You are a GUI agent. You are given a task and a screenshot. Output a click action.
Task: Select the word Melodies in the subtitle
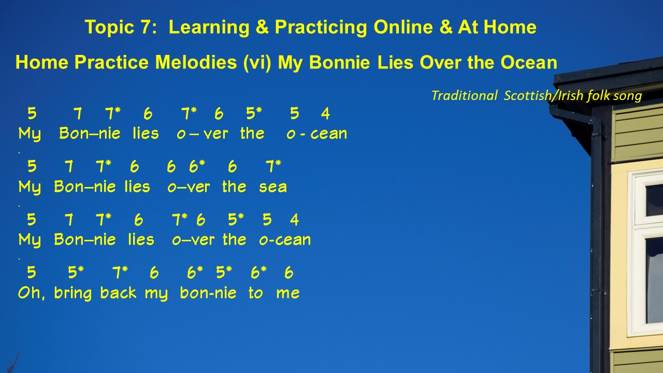[x=196, y=63]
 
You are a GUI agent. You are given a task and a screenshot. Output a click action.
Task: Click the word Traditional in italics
[x=465, y=96]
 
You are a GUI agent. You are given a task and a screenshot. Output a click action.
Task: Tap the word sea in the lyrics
[x=273, y=187]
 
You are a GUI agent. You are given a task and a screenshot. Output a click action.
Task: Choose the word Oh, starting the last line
[x=32, y=293]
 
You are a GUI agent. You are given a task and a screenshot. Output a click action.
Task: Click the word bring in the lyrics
[x=73, y=294]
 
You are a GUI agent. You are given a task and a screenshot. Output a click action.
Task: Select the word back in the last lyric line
[x=118, y=293]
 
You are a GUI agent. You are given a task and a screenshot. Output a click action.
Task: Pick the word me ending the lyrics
[x=287, y=293]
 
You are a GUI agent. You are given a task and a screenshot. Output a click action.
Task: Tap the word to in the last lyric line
[x=255, y=293]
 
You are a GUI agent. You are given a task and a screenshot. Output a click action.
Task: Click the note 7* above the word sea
[x=273, y=166]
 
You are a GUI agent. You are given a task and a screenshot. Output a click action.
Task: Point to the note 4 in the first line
[x=325, y=113]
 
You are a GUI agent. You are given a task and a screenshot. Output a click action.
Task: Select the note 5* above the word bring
[x=76, y=272]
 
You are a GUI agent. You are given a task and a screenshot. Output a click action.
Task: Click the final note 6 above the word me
[x=289, y=272]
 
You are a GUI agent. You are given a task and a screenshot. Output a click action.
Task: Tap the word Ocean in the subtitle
[x=529, y=63]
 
